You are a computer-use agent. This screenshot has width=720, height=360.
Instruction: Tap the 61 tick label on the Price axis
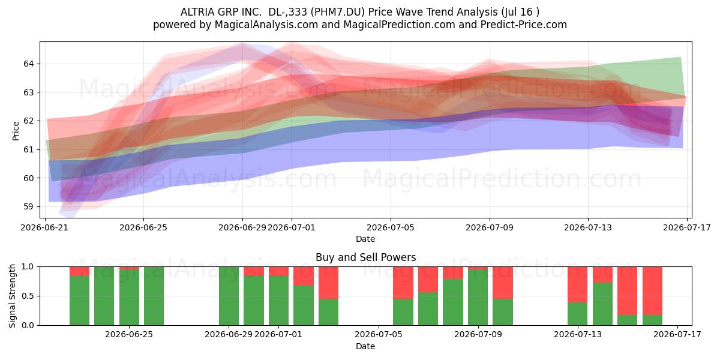[28, 149]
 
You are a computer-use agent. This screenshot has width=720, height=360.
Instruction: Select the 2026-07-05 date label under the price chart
[391, 227]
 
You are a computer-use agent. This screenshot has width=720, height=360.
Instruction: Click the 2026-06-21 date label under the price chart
[44, 227]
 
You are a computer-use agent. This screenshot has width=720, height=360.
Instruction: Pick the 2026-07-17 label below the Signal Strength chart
[677, 335]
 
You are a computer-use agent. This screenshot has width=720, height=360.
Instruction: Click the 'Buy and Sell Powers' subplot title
[366, 257]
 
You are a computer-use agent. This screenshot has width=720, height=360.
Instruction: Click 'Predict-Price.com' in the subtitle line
[524, 25]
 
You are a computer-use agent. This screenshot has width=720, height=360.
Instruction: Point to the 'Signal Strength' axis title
[12, 296]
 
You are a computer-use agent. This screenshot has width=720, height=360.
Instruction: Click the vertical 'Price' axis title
[16, 131]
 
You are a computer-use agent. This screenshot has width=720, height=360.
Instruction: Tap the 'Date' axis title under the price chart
[365, 239]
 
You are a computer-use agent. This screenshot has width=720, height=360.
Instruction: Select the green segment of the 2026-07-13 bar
[577, 314]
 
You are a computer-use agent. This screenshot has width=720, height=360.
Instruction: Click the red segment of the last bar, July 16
[653, 291]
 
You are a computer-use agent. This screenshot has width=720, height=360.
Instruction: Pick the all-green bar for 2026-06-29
[229, 296]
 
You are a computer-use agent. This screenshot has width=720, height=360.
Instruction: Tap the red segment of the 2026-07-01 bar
[278, 271]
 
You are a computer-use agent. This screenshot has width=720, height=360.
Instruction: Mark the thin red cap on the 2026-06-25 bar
[129, 268]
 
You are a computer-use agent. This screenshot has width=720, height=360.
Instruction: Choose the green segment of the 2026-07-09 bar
[478, 298]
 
